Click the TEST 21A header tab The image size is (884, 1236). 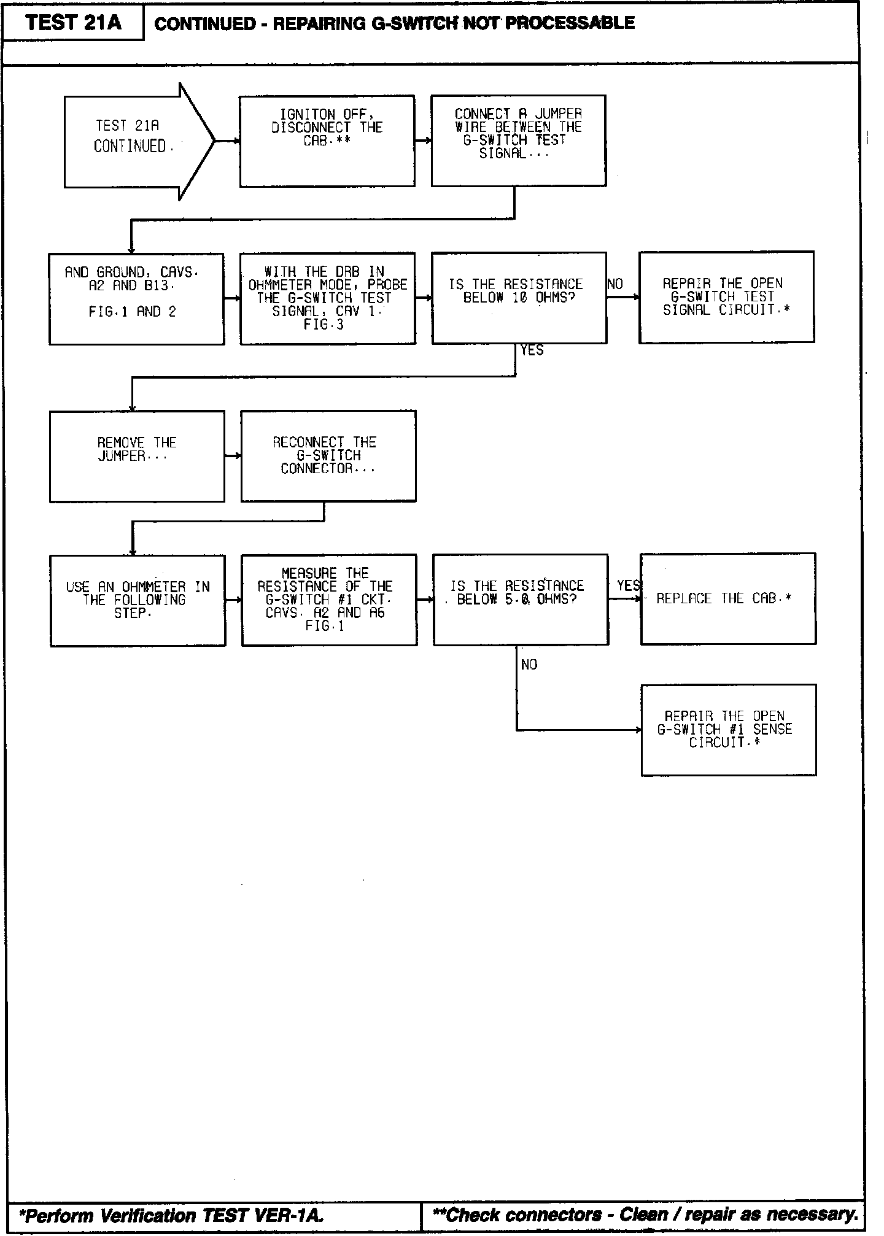point(73,23)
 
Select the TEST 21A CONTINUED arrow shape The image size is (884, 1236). point(132,141)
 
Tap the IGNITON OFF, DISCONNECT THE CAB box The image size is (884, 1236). point(327,141)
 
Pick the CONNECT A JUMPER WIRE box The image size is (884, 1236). point(518,141)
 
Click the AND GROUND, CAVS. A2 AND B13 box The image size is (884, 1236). point(136,299)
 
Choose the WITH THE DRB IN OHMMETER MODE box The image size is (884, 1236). point(327,298)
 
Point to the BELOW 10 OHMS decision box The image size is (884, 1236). point(519,298)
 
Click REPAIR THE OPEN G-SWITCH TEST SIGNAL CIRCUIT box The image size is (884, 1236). point(726,297)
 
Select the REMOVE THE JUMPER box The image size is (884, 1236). point(137,456)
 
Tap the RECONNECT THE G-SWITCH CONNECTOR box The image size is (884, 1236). point(328,456)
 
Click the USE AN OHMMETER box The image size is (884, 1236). point(138,600)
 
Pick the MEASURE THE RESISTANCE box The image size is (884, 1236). point(329,600)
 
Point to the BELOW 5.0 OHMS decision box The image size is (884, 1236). point(521,600)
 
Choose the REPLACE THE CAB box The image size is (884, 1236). point(728,598)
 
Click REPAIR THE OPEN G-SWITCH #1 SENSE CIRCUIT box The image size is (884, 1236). point(729,730)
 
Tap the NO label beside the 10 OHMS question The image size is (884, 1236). point(615,284)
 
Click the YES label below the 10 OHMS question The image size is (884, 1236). point(532,350)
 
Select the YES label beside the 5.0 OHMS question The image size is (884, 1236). point(628,586)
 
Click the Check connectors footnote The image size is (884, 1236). point(645,1215)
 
